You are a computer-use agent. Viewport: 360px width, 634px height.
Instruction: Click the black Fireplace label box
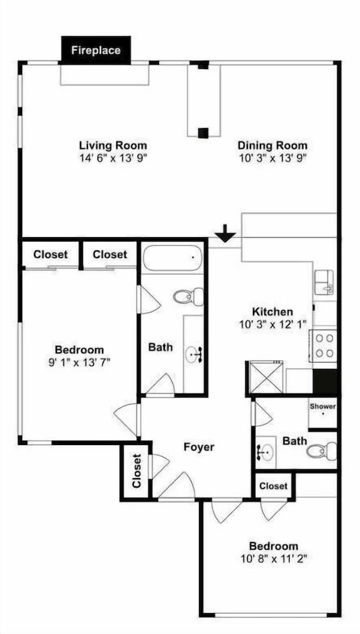click(x=96, y=50)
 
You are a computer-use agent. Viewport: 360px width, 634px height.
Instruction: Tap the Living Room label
click(x=113, y=145)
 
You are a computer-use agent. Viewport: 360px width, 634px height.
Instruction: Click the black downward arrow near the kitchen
click(x=225, y=233)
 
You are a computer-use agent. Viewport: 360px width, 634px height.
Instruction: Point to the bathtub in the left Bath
click(x=172, y=258)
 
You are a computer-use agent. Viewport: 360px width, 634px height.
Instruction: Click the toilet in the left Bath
click(x=188, y=297)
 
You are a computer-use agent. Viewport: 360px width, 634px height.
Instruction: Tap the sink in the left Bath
click(x=194, y=355)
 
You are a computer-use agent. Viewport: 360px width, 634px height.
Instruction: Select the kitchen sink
click(x=325, y=282)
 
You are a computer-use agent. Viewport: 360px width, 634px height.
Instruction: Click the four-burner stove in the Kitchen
click(x=323, y=346)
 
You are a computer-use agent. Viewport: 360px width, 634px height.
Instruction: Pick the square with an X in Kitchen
click(x=266, y=377)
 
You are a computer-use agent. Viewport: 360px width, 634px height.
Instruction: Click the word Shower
click(x=323, y=406)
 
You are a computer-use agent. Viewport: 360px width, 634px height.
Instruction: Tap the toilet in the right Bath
click(x=321, y=450)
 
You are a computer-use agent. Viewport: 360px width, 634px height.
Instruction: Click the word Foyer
click(x=199, y=447)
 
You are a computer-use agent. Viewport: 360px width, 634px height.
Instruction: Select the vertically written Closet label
click(x=137, y=470)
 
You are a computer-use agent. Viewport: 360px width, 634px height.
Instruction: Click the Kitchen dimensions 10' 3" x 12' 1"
click(x=272, y=324)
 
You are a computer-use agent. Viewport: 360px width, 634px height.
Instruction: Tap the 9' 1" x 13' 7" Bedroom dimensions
click(x=79, y=362)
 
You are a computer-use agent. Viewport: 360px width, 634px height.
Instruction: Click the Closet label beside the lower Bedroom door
click(x=274, y=486)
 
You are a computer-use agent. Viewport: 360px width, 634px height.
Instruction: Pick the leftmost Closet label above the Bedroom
click(x=51, y=255)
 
